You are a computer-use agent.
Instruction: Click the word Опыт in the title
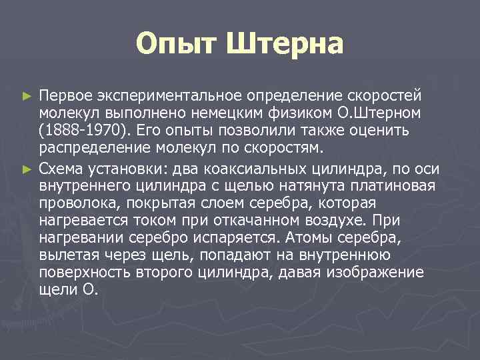pyautogui.click(x=175, y=45)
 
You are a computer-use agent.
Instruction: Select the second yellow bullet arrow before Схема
pyautogui.click(x=27, y=164)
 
